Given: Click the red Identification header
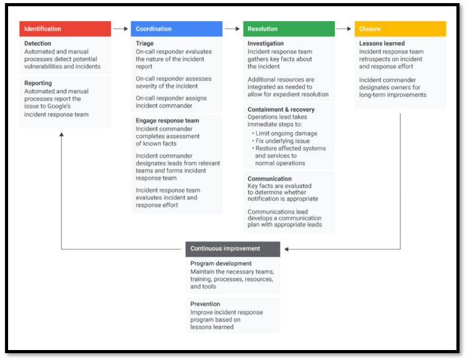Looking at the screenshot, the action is click(x=65, y=29).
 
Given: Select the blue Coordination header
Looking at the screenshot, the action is click(x=177, y=29).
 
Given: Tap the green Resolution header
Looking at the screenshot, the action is click(x=289, y=29).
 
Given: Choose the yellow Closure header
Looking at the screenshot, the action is click(x=400, y=29).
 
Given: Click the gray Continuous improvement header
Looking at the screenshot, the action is click(x=233, y=249).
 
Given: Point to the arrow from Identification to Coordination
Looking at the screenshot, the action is click(x=121, y=29).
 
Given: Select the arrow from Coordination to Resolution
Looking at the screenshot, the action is click(x=232, y=29).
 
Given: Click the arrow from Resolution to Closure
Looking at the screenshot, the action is click(x=344, y=29).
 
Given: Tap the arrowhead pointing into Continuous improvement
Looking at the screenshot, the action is click(x=286, y=249).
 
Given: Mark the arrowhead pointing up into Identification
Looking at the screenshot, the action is click(x=62, y=135).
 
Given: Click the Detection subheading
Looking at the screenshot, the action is click(x=37, y=44).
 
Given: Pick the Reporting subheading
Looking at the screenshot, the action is click(x=38, y=83).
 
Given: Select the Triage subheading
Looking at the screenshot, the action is click(x=144, y=44).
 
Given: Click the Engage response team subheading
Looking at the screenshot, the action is click(x=167, y=121).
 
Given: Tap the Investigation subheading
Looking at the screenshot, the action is click(x=266, y=44).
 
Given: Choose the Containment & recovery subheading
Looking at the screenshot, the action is click(x=281, y=110).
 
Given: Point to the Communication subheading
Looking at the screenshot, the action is click(x=270, y=179).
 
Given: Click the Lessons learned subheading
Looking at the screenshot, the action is click(x=382, y=44).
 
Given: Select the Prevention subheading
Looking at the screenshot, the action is click(x=205, y=304).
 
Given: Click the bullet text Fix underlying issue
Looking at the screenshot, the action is click(x=283, y=141).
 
